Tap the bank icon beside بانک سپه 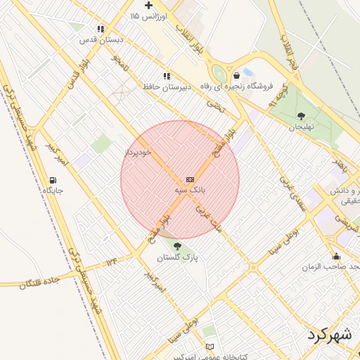(x=190, y=180)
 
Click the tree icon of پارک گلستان (x=176, y=246)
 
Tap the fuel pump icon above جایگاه (x=53, y=180)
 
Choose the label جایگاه (x=53, y=191)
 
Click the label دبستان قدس (x=101, y=40)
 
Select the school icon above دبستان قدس (x=101, y=29)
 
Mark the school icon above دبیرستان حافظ (x=167, y=75)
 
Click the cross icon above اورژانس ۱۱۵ (x=148, y=5)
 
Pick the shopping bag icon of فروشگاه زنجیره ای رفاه (x=236, y=75)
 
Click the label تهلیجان (x=301, y=127)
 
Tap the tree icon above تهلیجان (x=301, y=116)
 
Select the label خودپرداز (x=138, y=152)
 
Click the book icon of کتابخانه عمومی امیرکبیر (x=210, y=347)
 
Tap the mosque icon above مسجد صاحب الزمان (x=336, y=256)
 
